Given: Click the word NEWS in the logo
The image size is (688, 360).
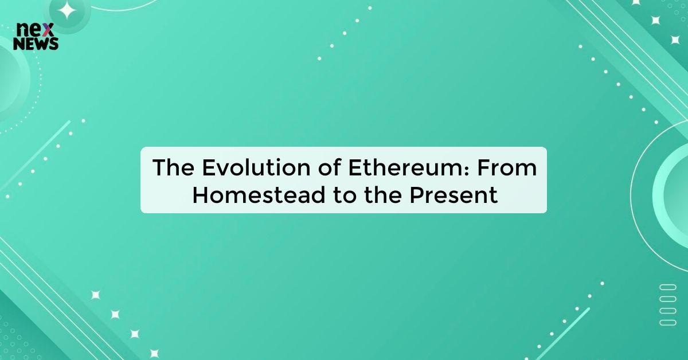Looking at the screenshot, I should coord(36,44).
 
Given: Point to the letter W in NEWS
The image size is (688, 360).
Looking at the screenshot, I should coord(44,44).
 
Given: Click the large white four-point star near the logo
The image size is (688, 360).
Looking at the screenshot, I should coord(68,10).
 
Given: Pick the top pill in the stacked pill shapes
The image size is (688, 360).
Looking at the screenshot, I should coord(668,286).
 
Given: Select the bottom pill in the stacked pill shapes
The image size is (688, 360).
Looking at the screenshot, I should coord(668,322).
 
